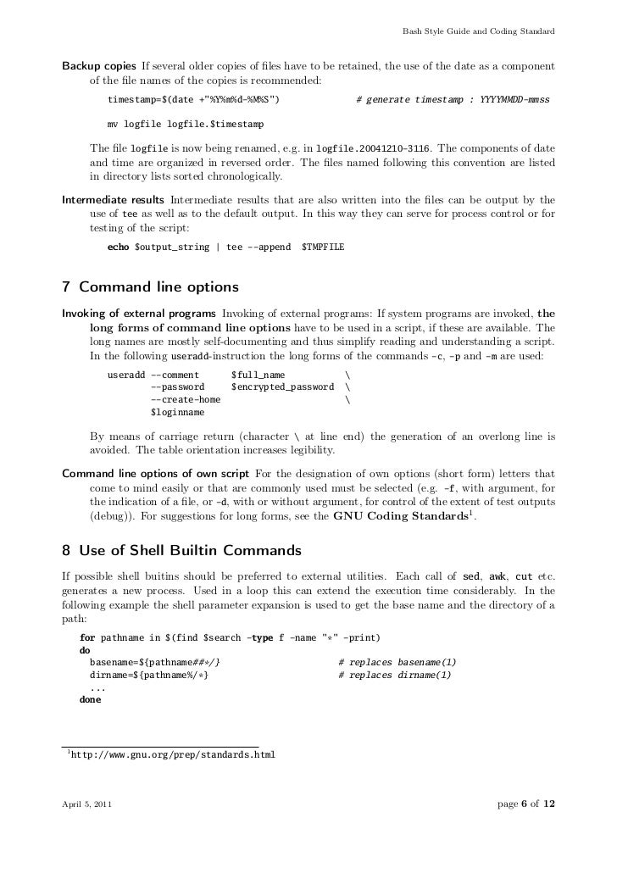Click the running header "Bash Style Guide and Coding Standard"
(480, 33)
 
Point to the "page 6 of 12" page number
(525, 803)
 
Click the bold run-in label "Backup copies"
(98, 66)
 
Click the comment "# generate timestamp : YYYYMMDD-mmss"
(453, 100)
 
